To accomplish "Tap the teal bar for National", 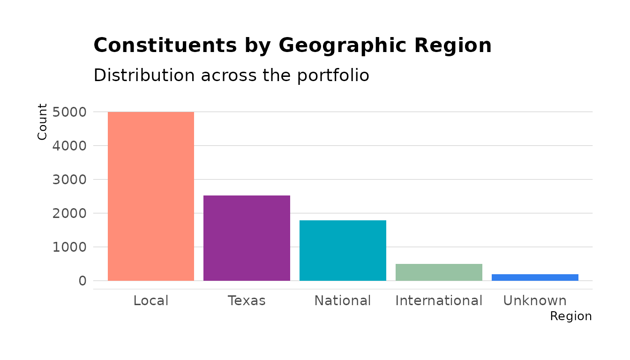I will (343, 250).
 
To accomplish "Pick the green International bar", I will (439, 272).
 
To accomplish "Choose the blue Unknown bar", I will (535, 277).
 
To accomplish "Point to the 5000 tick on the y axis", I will (69, 112).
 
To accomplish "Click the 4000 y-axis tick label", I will (69, 146).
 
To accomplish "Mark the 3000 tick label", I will (69, 180).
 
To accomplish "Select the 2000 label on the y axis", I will (69, 213).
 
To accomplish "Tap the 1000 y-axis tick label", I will (69, 247).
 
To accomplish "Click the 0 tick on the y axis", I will (82, 281).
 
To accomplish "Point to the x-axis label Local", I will (150, 300).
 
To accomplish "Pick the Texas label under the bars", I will (247, 300).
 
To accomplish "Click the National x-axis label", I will (343, 300).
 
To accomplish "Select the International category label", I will (439, 300).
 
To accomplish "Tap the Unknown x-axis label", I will (535, 300).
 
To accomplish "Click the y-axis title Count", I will (43, 122).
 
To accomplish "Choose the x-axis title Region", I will (570, 316).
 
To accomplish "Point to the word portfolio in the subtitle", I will (333, 75).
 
